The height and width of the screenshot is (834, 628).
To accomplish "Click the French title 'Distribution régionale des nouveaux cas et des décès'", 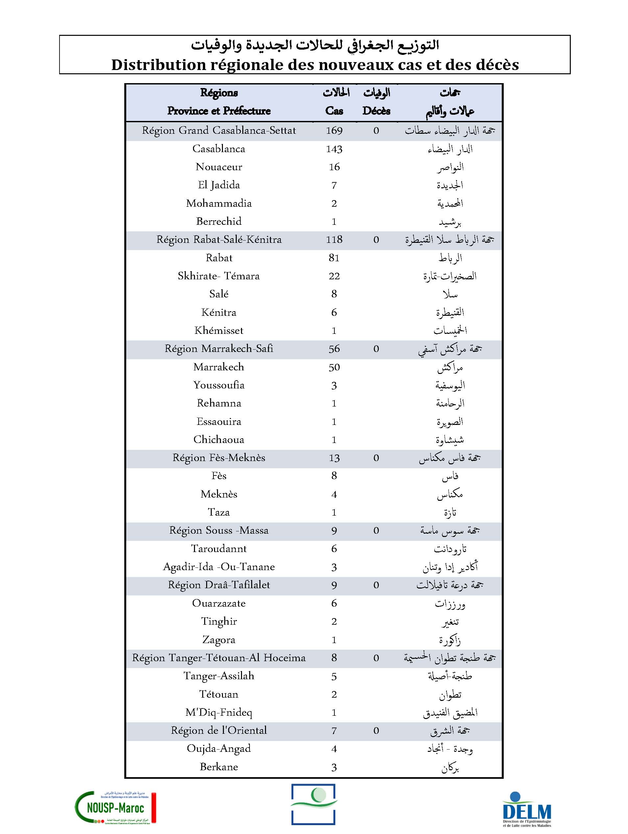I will point(315,64).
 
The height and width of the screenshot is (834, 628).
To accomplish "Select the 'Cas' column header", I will point(334,111).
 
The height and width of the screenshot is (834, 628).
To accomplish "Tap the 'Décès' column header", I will point(376,111).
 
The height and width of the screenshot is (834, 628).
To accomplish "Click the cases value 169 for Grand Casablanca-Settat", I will point(334,130).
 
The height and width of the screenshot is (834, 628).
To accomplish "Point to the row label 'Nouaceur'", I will point(219,167).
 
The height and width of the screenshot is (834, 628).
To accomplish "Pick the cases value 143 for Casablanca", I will point(334,149).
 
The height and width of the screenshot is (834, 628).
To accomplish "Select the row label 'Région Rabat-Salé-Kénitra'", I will point(219,240).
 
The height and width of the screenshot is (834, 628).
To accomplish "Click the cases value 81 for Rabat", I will point(334,258).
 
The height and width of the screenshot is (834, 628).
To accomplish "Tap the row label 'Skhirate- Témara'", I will point(219,276).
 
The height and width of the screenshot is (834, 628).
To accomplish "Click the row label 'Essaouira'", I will point(219,422).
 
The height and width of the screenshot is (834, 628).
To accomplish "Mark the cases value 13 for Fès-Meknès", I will point(334,458).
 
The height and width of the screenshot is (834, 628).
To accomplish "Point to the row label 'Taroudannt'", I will point(219,548).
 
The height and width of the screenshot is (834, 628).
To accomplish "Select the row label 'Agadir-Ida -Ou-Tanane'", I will point(219,567).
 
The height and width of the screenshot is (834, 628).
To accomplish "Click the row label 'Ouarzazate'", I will point(219,603).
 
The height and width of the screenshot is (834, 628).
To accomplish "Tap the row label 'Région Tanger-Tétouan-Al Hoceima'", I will point(219,658).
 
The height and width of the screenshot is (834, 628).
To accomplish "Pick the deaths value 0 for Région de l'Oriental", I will point(376,731).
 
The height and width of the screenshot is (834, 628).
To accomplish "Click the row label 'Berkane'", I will point(219,767).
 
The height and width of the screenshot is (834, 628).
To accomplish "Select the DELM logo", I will point(527,809).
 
